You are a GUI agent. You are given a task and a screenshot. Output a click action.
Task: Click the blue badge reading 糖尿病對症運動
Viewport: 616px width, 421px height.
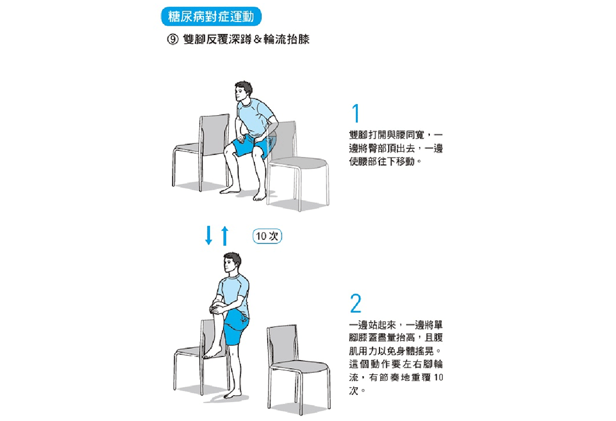(211, 17)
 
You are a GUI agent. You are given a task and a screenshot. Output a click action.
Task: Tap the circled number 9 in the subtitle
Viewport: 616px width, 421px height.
(173, 39)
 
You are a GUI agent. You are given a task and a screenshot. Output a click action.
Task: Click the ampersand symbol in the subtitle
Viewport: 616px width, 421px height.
(257, 39)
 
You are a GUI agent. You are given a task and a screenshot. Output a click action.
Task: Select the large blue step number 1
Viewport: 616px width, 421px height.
(356, 113)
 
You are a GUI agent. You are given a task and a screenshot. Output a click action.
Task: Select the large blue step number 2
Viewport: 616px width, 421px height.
(356, 303)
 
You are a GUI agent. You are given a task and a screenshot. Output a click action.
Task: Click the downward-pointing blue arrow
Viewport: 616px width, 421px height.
(209, 235)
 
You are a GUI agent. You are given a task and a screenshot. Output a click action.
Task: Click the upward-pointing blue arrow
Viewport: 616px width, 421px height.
(225, 236)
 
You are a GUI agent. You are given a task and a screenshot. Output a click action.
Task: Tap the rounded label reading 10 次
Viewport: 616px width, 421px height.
(267, 236)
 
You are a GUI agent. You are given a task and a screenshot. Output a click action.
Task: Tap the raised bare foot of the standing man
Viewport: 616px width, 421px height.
(212, 352)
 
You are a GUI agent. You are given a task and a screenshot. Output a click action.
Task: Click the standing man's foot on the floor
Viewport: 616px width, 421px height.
(233, 393)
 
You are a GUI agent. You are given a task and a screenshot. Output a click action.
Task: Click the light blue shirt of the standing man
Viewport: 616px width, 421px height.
(233, 292)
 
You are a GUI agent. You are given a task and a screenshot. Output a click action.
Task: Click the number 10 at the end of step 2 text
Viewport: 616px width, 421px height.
(439, 377)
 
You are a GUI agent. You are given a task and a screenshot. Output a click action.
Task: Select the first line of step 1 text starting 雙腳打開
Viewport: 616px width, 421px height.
(396, 135)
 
